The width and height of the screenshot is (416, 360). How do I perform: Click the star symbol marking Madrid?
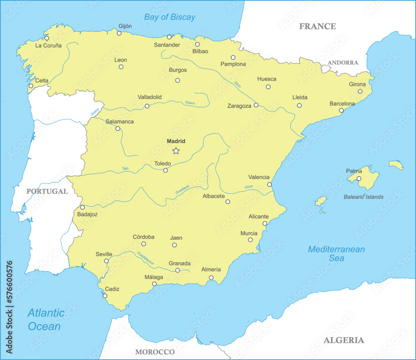click(176, 151)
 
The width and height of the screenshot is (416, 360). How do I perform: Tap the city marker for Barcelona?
click(341, 111)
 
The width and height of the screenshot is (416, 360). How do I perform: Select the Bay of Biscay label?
click(169, 17)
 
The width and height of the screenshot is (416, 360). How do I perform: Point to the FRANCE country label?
click(317, 26)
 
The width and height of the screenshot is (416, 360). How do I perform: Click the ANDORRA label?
click(343, 62)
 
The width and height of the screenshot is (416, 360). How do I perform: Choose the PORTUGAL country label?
click(47, 191)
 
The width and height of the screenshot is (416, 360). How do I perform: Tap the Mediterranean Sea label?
click(336, 253)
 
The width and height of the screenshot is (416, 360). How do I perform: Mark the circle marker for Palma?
click(359, 179)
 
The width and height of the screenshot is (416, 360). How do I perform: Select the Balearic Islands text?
click(364, 197)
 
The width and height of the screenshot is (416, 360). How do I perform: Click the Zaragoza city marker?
click(256, 105)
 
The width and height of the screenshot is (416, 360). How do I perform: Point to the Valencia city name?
click(259, 177)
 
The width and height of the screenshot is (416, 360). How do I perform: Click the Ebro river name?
click(238, 84)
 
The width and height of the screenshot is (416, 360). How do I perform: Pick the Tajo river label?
click(125, 169)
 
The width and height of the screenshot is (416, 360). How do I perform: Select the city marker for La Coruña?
click(47, 38)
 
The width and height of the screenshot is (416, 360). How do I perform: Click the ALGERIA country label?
click(344, 340)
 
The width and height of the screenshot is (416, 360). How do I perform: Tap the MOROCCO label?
click(155, 352)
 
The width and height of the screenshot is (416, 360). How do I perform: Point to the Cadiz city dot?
click(105, 296)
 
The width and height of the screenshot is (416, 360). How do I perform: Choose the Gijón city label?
click(125, 26)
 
